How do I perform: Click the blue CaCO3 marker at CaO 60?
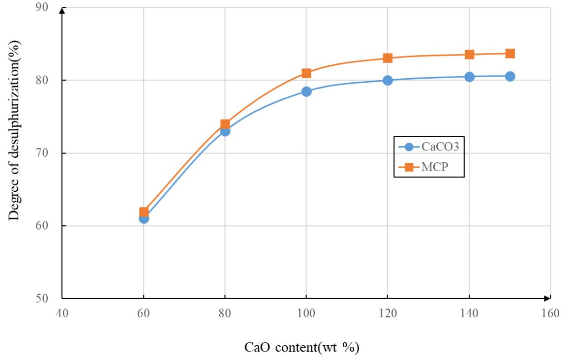point(144,218)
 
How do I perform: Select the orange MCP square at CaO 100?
point(306,73)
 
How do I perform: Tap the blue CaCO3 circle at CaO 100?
point(306,91)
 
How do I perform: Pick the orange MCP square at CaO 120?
point(388,58)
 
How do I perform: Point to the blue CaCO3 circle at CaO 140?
point(469,77)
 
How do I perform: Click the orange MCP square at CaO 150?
point(510,54)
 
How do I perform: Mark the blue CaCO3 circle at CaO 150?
point(510,76)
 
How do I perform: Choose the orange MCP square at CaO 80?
point(225,124)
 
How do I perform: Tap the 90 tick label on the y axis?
point(48,7)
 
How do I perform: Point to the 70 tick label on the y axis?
point(48,153)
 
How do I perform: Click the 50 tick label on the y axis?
point(48,299)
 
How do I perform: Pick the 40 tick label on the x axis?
point(62,313)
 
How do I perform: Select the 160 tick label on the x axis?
point(550,313)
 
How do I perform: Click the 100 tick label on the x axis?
point(306,313)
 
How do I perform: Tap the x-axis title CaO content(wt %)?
point(302,347)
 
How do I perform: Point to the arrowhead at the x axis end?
point(547,298)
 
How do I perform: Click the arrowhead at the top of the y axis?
point(62,10)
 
